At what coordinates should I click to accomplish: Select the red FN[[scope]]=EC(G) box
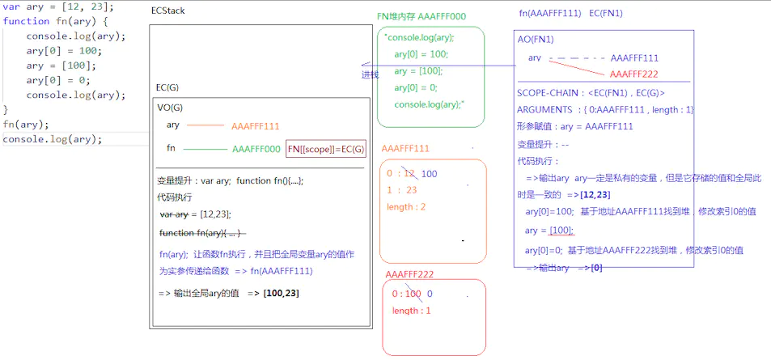click(x=326, y=149)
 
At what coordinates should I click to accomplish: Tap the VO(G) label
click(x=170, y=106)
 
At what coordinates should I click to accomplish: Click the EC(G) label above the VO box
click(x=168, y=87)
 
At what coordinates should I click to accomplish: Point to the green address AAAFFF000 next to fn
click(x=256, y=149)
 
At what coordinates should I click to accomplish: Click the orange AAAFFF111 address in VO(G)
click(x=256, y=125)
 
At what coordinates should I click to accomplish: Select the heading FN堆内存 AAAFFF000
click(x=421, y=16)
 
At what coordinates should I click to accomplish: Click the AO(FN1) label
click(x=535, y=40)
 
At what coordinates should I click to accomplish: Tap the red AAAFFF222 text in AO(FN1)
click(x=633, y=74)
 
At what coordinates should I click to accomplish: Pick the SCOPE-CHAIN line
click(x=591, y=93)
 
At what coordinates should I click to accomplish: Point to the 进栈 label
click(x=370, y=74)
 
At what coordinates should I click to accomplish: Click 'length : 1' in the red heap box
click(x=412, y=311)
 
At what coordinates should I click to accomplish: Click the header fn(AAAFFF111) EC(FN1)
click(x=570, y=14)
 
